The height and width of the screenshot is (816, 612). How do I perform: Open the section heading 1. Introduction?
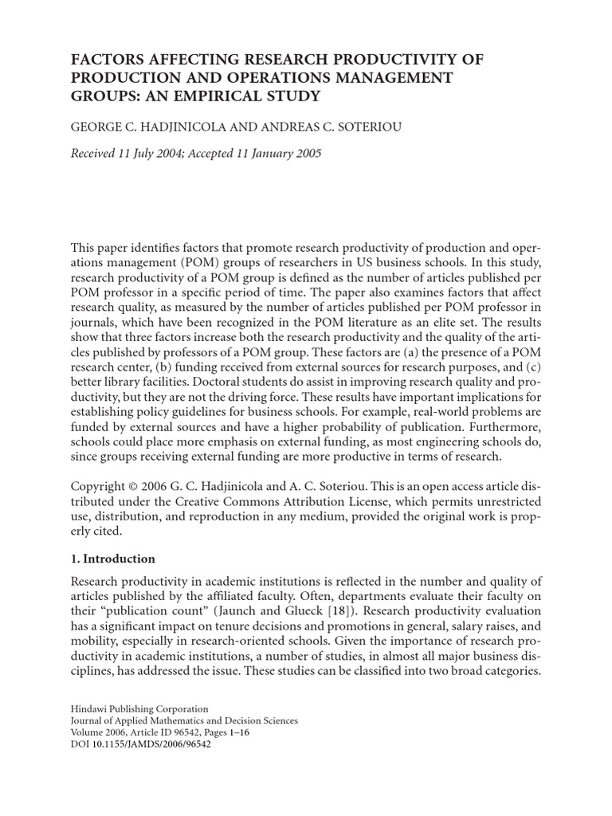click(113, 559)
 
